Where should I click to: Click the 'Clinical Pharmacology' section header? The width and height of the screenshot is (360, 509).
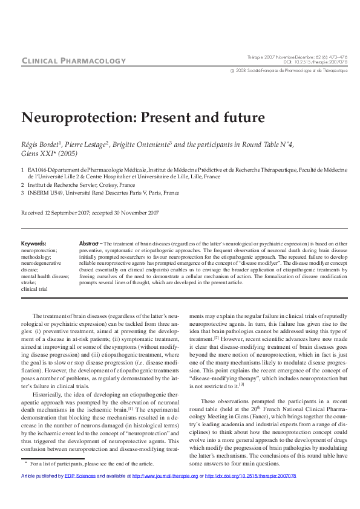pyautogui.click(x=73, y=60)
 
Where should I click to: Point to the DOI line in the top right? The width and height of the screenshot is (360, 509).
pyautogui.click(x=316, y=62)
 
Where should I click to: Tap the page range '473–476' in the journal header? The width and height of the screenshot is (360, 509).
pyautogui.click(x=339, y=56)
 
